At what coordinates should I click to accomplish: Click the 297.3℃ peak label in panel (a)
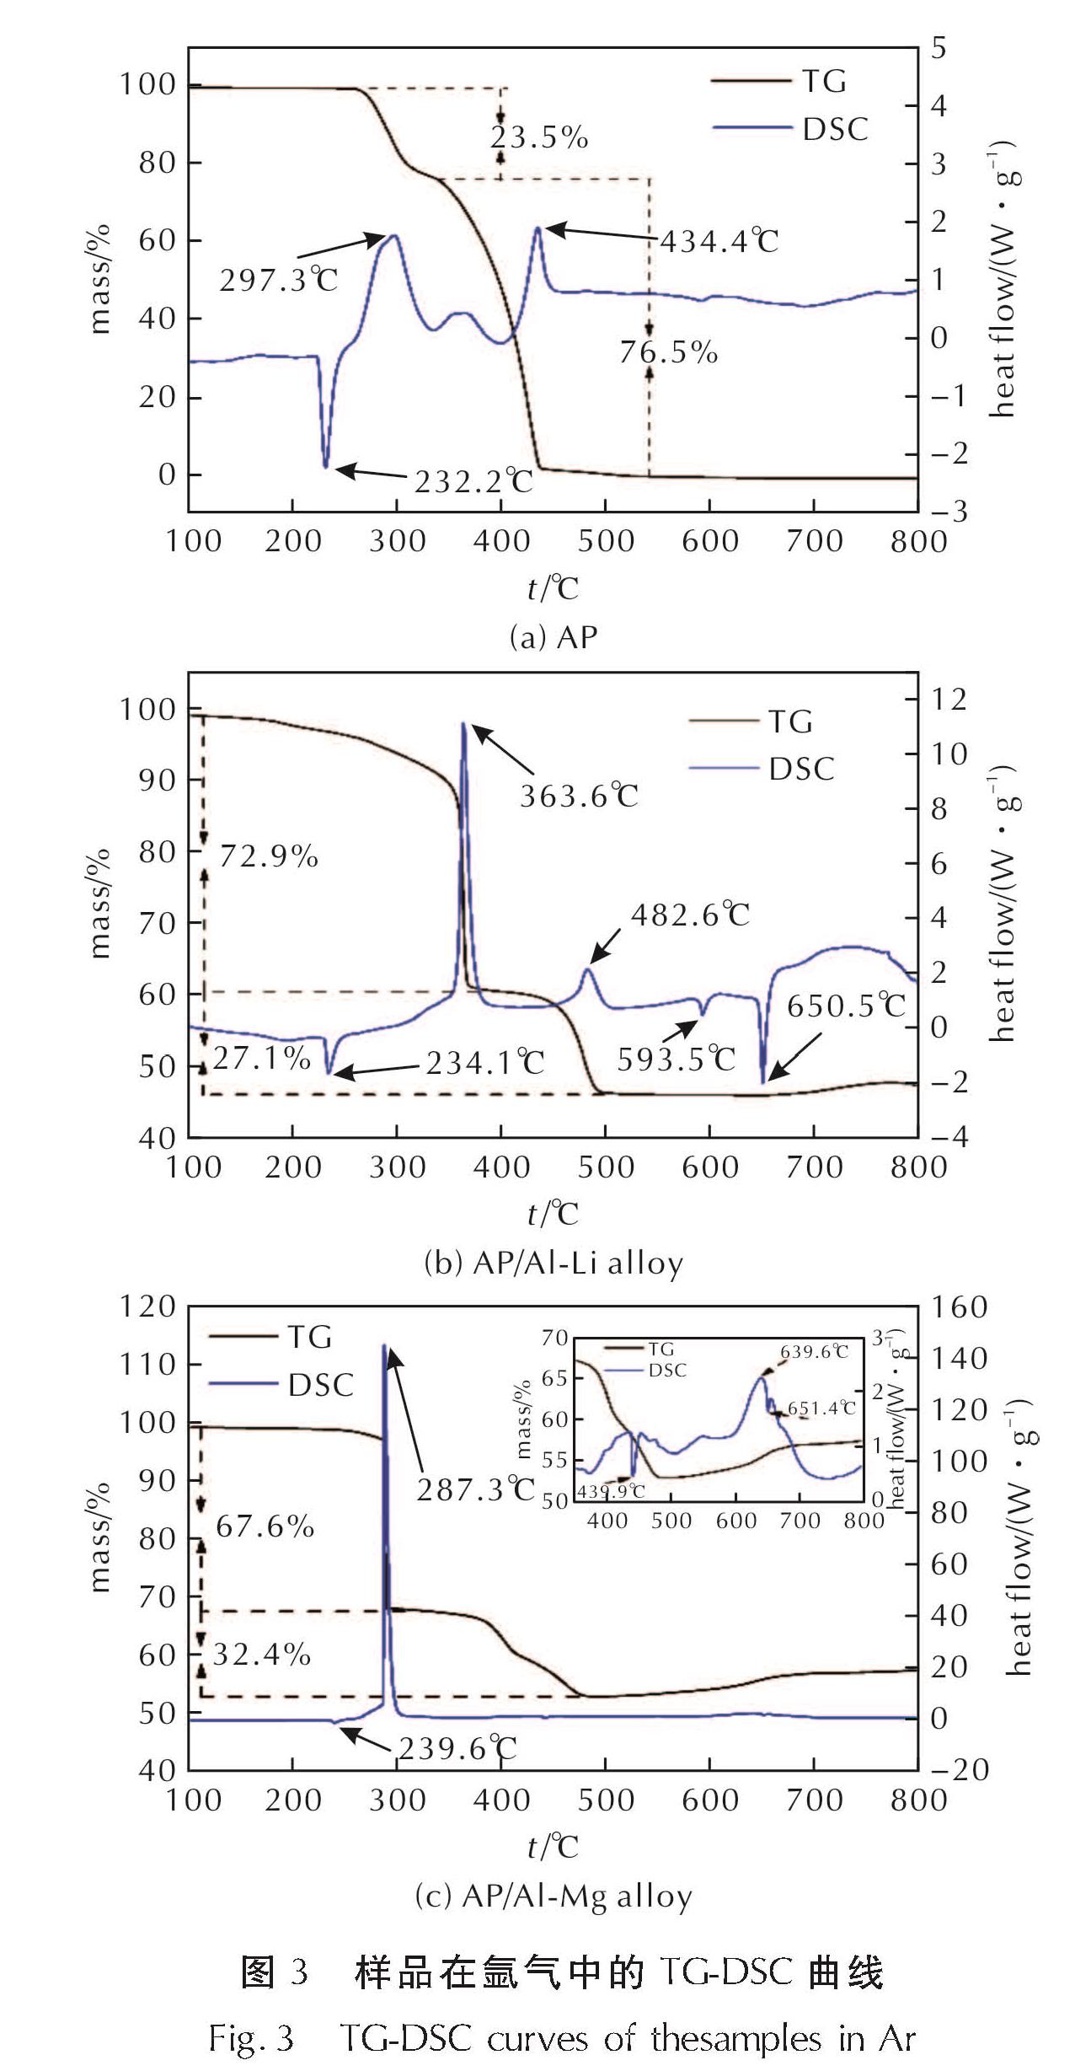point(279,279)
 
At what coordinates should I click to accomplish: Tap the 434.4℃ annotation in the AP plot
point(719,242)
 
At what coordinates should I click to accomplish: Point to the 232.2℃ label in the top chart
point(473,481)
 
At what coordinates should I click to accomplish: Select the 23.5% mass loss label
point(539,137)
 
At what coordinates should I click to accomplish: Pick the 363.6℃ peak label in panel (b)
point(579,796)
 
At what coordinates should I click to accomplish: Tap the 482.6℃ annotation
point(690,915)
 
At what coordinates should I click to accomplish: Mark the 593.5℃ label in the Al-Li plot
point(677,1059)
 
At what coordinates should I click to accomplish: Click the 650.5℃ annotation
point(846,1006)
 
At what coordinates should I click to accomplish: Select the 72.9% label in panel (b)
point(269,856)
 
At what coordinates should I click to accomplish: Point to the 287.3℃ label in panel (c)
point(476,1490)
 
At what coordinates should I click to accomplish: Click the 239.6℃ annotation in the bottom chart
point(457,1749)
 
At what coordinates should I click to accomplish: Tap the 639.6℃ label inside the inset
point(814,1352)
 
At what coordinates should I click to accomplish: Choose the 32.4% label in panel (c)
point(262,1655)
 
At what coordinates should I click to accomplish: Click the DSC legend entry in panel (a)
point(834,129)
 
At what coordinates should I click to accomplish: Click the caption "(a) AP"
point(554,637)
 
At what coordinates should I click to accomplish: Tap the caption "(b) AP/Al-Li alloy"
point(554,1264)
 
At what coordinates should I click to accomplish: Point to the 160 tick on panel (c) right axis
point(958,1307)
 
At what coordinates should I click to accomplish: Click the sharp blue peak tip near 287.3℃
point(384,1346)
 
